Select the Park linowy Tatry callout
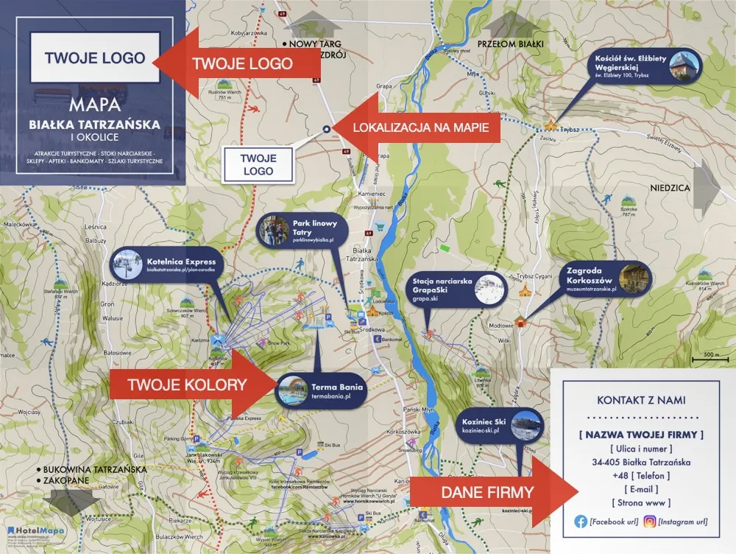(x=295, y=231)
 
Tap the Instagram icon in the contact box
(x=650, y=522)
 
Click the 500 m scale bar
(x=711, y=357)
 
